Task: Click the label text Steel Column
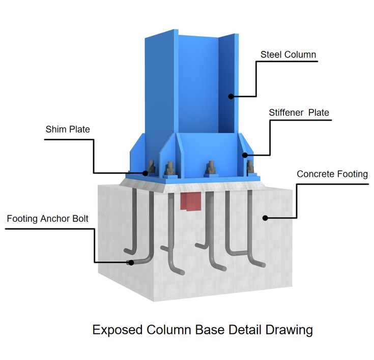(x=288, y=54)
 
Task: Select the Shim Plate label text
(x=68, y=130)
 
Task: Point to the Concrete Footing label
(x=332, y=174)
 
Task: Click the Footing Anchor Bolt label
(x=48, y=219)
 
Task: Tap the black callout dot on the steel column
(x=231, y=96)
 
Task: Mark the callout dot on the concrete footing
(x=265, y=218)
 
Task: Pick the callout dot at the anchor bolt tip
(x=131, y=262)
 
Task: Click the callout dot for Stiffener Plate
(x=245, y=155)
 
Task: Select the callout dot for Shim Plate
(x=145, y=173)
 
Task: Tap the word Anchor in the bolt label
(x=52, y=219)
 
